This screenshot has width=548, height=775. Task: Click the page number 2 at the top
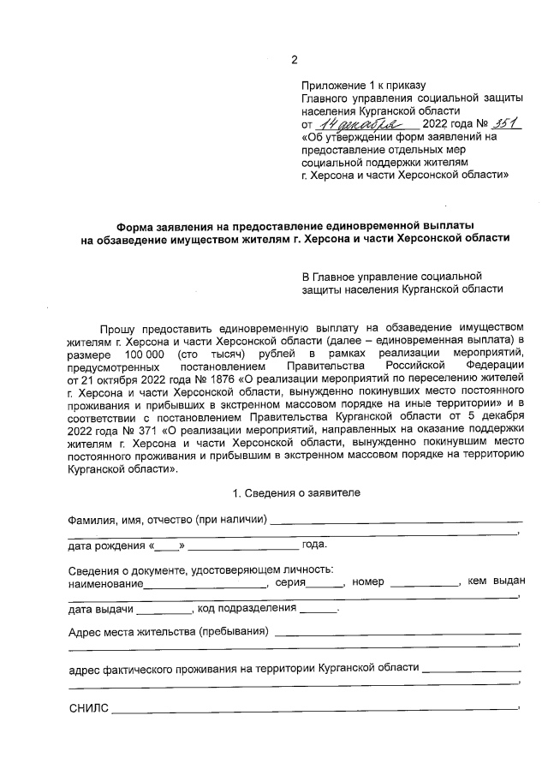coord(295,59)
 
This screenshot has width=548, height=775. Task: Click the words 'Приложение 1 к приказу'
coord(363,86)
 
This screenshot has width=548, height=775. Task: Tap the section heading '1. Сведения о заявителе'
coord(296,492)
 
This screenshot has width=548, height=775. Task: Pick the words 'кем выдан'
coord(496,582)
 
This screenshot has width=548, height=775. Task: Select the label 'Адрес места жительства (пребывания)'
coord(168,633)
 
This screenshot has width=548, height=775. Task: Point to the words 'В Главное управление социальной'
coord(391,277)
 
